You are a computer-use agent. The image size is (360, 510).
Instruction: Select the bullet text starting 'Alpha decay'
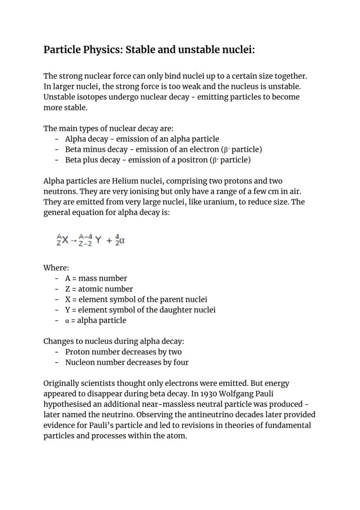click(142, 139)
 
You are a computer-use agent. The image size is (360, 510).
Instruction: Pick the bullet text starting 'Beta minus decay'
click(163, 150)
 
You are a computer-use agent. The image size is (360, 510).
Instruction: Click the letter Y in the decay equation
click(98, 240)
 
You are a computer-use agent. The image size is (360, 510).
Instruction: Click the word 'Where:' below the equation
click(56, 268)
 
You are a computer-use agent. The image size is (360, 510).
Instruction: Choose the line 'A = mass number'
click(96, 279)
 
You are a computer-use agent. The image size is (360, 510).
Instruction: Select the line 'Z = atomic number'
click(99, 289)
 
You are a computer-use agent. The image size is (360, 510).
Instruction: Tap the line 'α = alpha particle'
click(96, 320)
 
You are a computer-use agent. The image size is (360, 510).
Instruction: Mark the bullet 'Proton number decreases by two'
click(123, 352)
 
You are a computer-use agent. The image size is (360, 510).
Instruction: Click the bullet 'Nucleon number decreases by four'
click(127, 363)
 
